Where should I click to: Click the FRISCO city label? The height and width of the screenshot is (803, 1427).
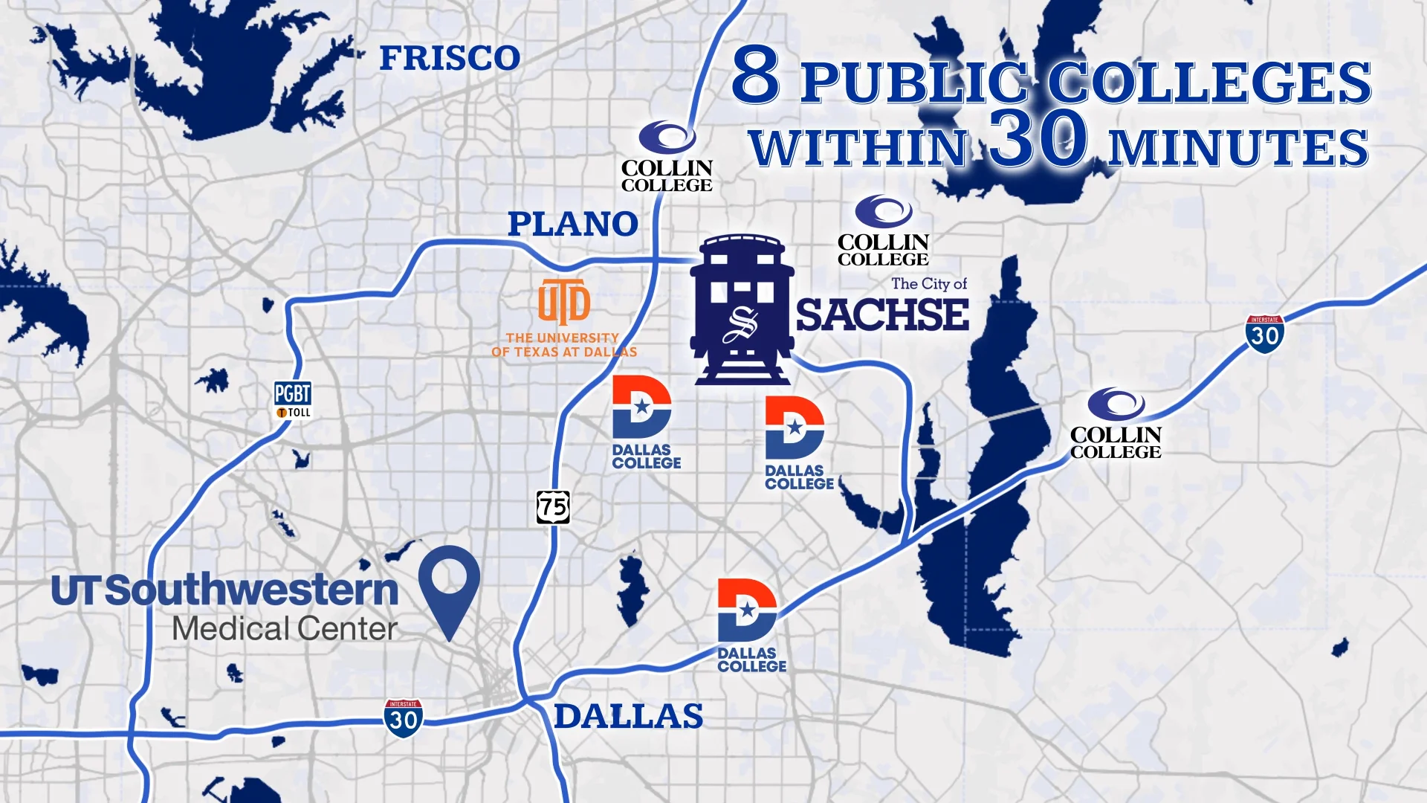coord(450,59)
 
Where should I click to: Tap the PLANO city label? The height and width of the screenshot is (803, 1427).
coord(572,224)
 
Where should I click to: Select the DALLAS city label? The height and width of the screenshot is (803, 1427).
coord(628,717)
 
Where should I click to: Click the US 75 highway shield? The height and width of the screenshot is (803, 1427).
coord(553,507)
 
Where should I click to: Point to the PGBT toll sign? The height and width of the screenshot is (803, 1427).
coord(293,400)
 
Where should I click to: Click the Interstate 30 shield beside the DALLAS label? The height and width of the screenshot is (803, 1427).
coord(404,718)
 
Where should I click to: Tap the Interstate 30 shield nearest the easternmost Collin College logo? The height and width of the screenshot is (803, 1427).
coord(1264,335)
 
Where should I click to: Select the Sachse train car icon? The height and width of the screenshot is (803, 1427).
coord(742,310)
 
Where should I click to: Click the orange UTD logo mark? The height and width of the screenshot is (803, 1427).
coord(564,302)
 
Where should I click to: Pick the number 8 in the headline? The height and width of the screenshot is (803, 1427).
coord(756,75)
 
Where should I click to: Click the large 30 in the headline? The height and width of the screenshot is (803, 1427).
coord(1038,139)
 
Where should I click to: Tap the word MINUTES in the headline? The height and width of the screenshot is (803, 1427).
coord(1237,148)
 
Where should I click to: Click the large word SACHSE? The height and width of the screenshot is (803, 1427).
coord(882,315)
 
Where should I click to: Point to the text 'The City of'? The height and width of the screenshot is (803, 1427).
coord(929,283)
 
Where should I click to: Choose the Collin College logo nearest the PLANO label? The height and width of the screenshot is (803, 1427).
coord(667,158)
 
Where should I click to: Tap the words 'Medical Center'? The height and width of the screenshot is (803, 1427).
coord(285,629)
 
